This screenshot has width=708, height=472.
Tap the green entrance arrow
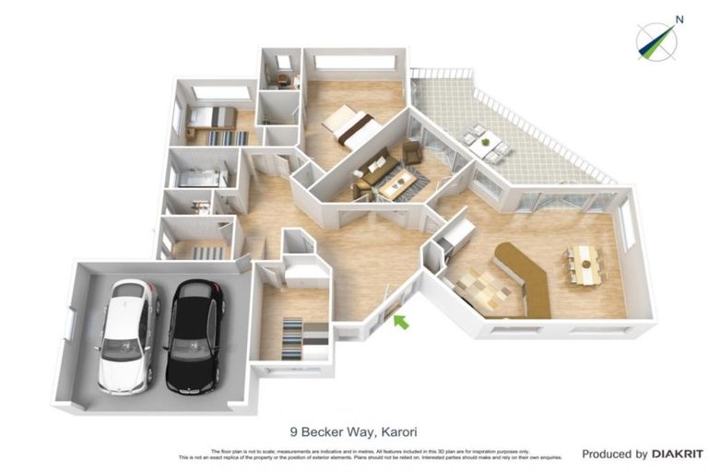coord(399,321)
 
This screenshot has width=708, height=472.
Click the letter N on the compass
coord(679,18)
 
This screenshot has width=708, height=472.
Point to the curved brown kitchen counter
coord(529,277)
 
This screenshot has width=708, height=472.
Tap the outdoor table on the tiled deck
coord(487,141)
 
